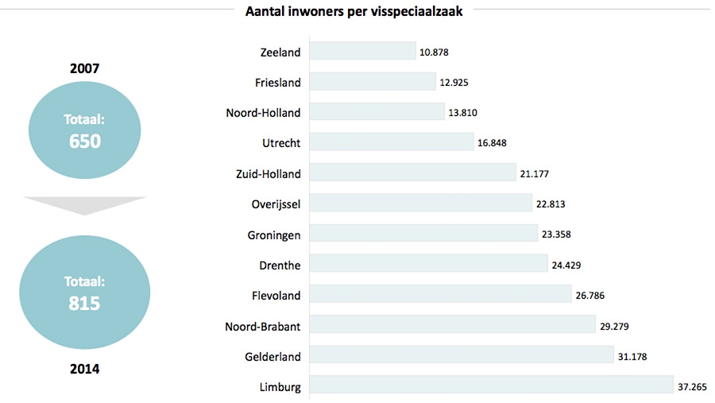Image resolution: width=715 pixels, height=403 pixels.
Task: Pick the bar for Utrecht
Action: tap(391, 142)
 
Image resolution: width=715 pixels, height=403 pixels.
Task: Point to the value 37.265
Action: tap(695, 386)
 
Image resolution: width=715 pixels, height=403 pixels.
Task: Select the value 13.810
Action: tap(462, 113)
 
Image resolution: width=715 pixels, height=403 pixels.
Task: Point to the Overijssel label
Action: tap(276, 203)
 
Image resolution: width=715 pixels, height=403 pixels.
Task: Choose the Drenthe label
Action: tap(280, 265)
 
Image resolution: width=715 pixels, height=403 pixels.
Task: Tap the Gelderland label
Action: tap(273, 356)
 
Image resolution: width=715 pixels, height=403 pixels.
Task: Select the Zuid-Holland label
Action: tap(269, 173)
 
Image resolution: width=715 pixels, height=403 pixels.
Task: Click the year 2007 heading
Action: tap(84, 68)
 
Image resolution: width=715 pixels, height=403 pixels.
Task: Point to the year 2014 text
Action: tap(84, 369)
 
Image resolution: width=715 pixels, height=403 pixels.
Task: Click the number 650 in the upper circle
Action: tap(84, 141)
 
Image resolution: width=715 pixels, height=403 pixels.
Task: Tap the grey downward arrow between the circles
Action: tap(84, 205)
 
